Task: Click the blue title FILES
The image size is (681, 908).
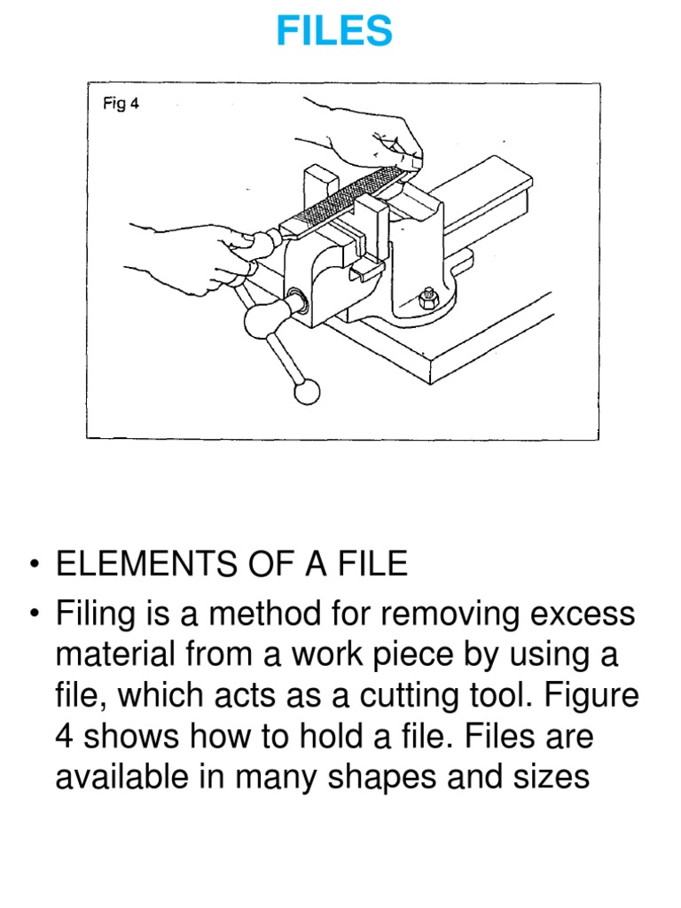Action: click(x=333, y=32)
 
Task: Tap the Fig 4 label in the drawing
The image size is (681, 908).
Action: click(x=121, y=104)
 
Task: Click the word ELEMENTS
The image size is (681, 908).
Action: click(x=141, y=565)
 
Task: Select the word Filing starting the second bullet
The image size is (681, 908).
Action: click(x=97, y=613)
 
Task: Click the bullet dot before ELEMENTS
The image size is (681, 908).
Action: click(x=34, y=566)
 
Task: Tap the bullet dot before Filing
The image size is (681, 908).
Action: click(x=34, y=614)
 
